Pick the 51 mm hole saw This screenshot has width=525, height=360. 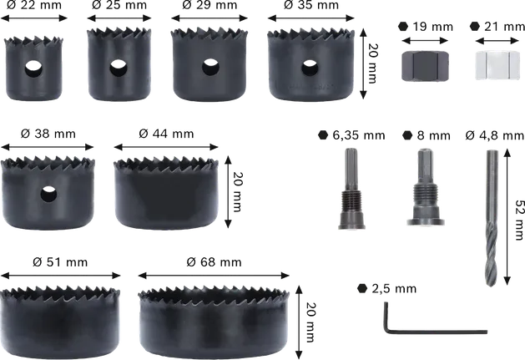click(62, 310)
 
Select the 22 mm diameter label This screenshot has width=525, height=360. click(33, 7)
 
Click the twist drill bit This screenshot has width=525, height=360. click(491, 214)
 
